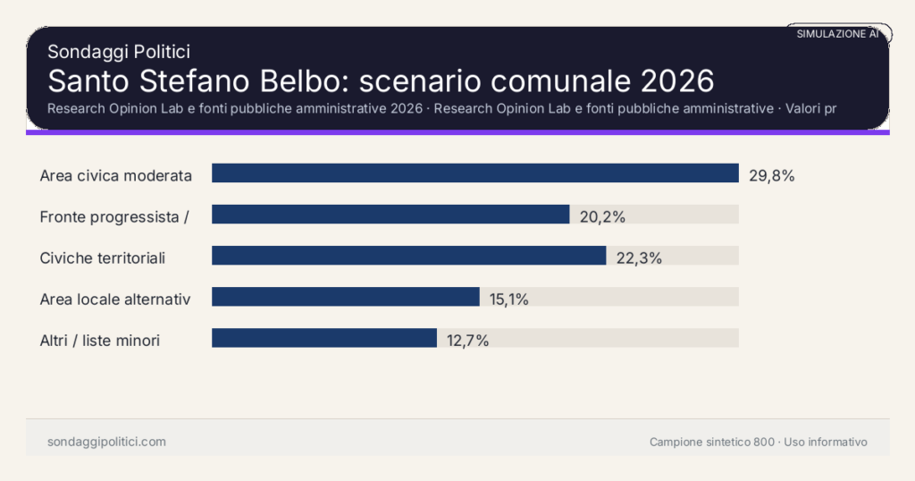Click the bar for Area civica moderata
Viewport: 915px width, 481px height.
pos(474,173)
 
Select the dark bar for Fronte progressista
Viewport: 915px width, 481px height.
pos(390,215)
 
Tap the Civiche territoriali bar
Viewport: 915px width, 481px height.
pos(408,256)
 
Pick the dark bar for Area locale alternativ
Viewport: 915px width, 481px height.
pos(345,297)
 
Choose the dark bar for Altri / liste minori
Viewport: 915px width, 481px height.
pos(323,338)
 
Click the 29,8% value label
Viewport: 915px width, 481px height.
pos(772,175)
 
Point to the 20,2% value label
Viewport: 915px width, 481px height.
pos(602,216)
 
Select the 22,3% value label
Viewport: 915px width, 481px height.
pos(639,257)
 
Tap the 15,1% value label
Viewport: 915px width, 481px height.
pos(509,299)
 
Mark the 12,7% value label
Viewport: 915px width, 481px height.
pos(466,340)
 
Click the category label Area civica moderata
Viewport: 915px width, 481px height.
pos(116,175)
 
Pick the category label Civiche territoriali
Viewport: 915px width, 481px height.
pos(103,257)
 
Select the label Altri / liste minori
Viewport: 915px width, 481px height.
pos(100,340)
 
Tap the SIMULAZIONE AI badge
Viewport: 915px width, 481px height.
pos(838,34)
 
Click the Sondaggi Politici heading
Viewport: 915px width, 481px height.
pos(119,52)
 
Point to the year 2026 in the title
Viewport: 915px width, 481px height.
pos(677,80)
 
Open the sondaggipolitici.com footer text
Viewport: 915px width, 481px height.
pos(106,442)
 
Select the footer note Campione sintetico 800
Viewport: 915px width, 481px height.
pos(712,442)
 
